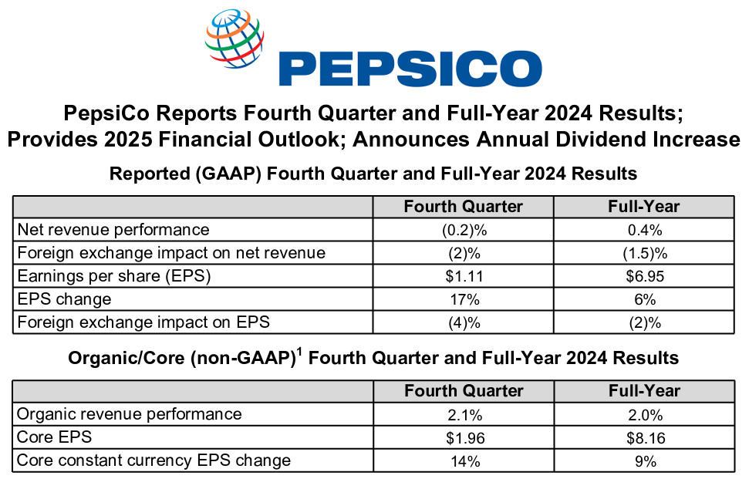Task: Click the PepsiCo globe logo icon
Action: (234, 39)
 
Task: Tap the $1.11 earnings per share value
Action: (464, 276)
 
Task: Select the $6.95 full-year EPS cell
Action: (643, 276)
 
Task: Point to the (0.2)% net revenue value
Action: (464, 230)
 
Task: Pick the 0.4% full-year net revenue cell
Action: (643, 230)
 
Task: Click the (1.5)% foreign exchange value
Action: (643, 253)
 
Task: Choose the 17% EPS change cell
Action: (464, 299)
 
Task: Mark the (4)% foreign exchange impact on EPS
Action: (464, 322)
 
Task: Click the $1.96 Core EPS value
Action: (464, 438)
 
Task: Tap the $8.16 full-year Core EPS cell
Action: (643, 438)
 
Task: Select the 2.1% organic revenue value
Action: (464, 415)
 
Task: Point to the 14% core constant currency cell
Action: (464, 461)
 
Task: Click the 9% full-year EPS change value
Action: (643, 461)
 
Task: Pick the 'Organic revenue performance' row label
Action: (129, 414)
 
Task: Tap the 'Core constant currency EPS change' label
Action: (154, 460)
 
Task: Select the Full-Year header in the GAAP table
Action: (643, 207)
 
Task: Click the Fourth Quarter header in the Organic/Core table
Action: (464, 391)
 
